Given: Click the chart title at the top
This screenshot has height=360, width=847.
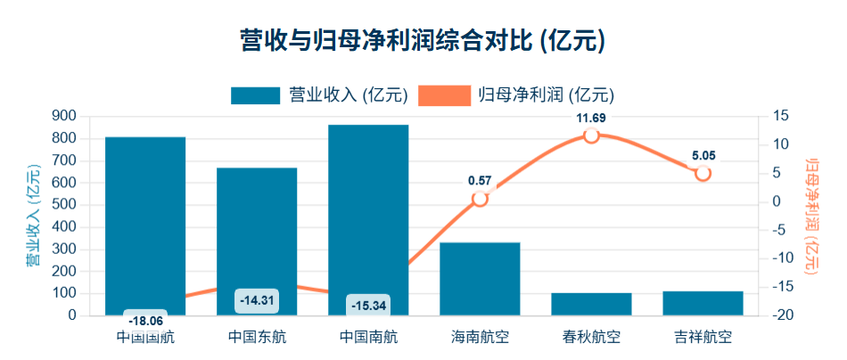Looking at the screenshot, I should (x=423, y=40).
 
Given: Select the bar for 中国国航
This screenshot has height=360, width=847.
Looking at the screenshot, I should (x=145, y=223).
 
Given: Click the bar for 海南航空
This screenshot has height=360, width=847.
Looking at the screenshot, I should (x=480, y=278).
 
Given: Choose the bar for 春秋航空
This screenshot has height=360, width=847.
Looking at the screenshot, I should (x=591, y=304).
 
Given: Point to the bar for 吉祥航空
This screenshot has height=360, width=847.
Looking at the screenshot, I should (x=703, y=303).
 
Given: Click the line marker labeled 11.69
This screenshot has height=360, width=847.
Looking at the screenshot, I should (x=591, y=135).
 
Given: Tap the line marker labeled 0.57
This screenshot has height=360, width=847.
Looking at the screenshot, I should (x=480, y=199).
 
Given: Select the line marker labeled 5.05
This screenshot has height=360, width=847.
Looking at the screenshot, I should (x=703, y=173).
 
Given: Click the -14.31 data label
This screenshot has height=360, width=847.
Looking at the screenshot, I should (x=257, y=300).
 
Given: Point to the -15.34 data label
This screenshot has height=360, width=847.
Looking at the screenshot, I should (x=368, y=305).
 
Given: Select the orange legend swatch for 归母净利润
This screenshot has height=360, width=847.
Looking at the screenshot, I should (x=444, y=94).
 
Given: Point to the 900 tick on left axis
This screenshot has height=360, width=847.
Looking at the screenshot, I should (x=64, y=116).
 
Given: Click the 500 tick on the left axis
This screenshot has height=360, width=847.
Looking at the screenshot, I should (x=64, y=204).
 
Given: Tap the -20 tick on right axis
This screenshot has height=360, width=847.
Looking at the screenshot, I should (x=780, y=315).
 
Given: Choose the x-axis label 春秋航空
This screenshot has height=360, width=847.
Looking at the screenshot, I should (x=591, y=338).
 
